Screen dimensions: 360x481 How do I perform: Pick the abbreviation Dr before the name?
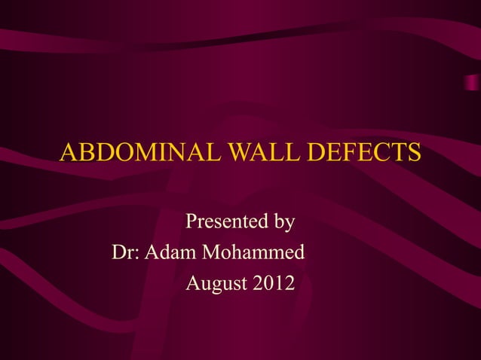123,253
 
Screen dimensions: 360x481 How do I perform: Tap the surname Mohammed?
256,253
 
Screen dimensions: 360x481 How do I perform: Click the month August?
216,285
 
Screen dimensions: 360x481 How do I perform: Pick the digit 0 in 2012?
268,284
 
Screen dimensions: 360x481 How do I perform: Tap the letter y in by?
290,225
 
